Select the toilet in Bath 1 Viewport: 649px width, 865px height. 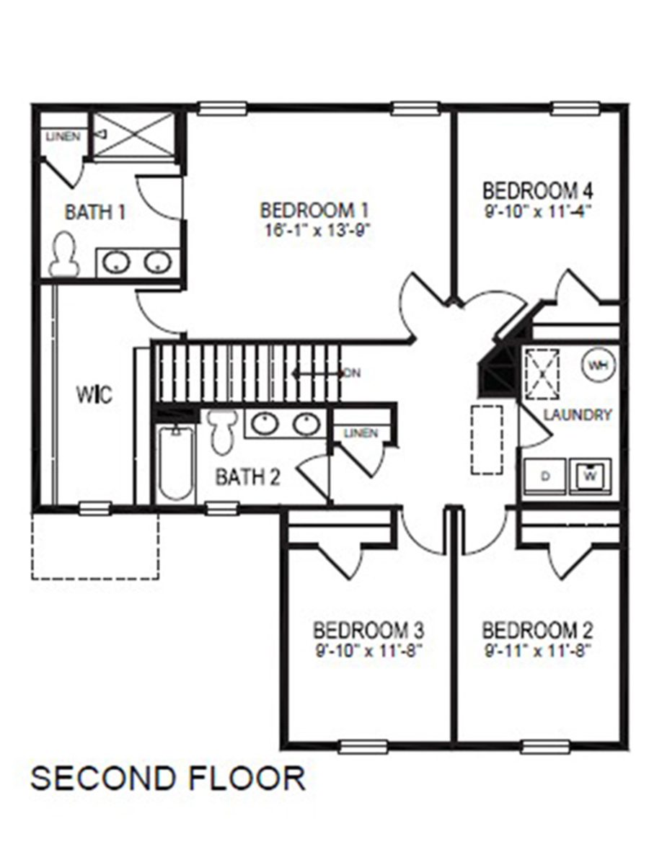pos(64,254)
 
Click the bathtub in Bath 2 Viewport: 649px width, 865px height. pos(175,461)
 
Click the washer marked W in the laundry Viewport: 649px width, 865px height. pos(590,476)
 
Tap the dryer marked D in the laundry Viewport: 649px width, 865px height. pos(545,476)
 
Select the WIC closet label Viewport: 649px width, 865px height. pos(94,395)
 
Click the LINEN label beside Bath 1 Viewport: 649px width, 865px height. pos(63,136)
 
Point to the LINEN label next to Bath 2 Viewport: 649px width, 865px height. pos(361,433)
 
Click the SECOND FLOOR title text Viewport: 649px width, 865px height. pos(167,778)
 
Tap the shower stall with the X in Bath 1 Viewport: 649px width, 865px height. pos(134,134)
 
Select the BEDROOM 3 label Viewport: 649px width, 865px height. pos(368,630)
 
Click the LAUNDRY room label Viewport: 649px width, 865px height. pos(578,414)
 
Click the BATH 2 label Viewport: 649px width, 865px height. pos(248,477)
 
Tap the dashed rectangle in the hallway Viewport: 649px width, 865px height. pos(487,439)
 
